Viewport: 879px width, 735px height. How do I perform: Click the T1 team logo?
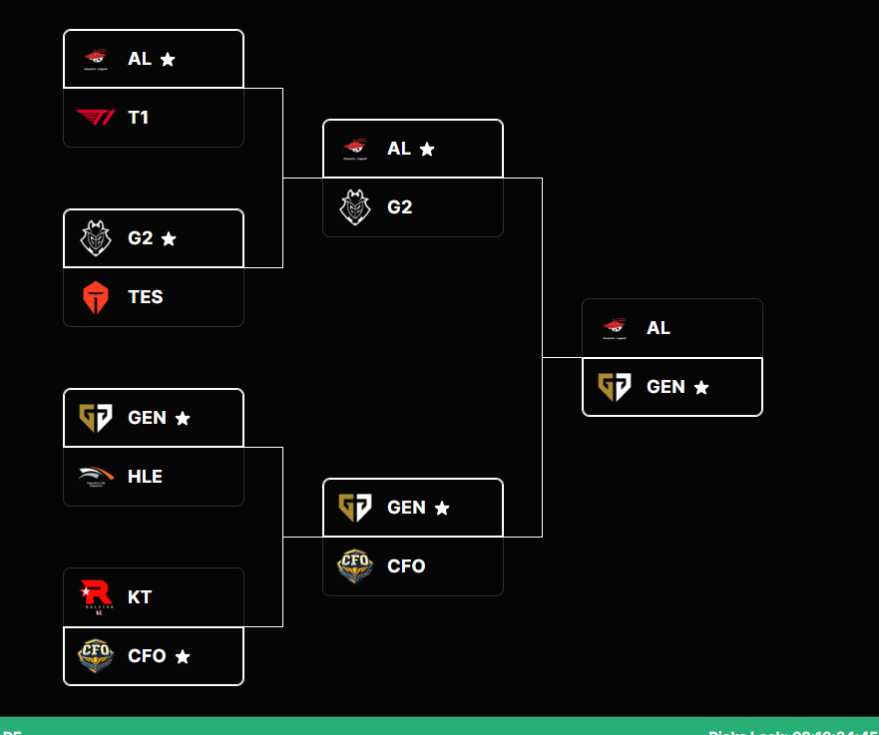point(96,118)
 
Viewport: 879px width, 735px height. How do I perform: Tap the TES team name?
point(145,297)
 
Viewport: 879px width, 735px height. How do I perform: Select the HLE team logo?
point(96,477)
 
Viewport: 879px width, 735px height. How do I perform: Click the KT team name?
point(140,596)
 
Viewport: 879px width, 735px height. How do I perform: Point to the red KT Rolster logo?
point(96,596)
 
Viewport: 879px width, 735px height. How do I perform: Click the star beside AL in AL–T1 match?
point(168,59)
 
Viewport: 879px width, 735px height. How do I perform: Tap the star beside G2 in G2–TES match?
point(169,238)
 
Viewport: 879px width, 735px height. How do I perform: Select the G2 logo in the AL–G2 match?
point(355,207)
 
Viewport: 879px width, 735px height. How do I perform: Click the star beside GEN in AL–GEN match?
point(701,387)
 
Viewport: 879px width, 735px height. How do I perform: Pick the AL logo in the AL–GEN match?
point(615,327)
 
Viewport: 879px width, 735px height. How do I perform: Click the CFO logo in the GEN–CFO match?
point(355,566)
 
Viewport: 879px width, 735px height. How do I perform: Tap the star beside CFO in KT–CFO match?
point(183,656)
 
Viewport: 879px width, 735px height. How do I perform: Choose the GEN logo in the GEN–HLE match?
point(96,417)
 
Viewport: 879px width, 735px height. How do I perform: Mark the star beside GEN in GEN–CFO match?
point(442,508)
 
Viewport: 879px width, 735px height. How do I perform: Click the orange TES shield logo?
point(96,297)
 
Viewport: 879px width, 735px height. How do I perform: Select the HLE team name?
point(145,477)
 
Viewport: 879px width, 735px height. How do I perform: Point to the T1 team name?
point(138,118)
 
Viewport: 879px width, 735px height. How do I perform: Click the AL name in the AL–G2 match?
point(398,148)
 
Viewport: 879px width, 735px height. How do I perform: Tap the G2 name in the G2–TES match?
point(140,237)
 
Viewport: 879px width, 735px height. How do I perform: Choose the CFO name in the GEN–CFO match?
point(406,566)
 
